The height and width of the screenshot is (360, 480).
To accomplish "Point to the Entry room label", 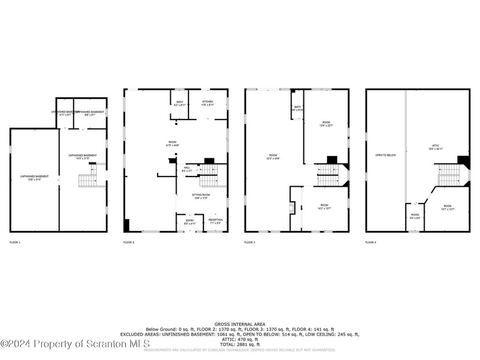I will click(189, 221).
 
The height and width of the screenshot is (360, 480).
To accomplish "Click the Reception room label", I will click(215, 221).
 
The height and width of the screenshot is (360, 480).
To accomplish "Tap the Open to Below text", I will click(386, 155).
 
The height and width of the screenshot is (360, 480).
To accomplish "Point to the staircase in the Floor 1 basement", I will click(87, 181).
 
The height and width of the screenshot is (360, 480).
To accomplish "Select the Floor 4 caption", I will click(371, 243).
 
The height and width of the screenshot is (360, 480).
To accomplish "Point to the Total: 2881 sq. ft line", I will click(240, 345).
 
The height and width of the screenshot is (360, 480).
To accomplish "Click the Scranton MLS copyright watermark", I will click(75, 343).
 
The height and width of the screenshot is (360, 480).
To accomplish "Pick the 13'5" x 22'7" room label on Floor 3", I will click(326, 124).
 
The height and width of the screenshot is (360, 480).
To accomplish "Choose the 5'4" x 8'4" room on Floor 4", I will click(414, 217).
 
